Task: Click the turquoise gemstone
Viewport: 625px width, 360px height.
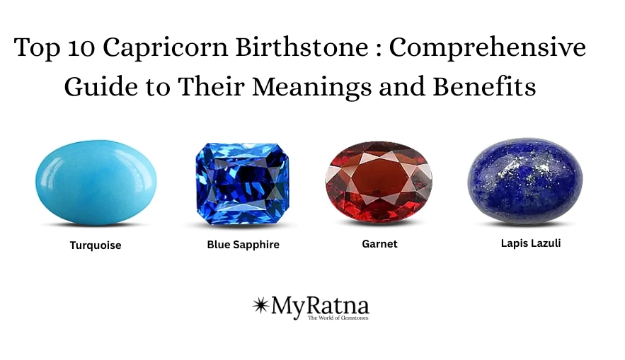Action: point(96,182)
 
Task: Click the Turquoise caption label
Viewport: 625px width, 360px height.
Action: point(96,246)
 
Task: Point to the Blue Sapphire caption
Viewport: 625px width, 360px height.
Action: point(243,245)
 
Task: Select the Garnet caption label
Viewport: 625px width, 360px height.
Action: point(379,244)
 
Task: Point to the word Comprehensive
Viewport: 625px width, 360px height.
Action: point(488,48)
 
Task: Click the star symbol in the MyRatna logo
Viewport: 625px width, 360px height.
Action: point(260,305)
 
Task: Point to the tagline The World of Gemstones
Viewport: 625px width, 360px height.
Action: point(338,318)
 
